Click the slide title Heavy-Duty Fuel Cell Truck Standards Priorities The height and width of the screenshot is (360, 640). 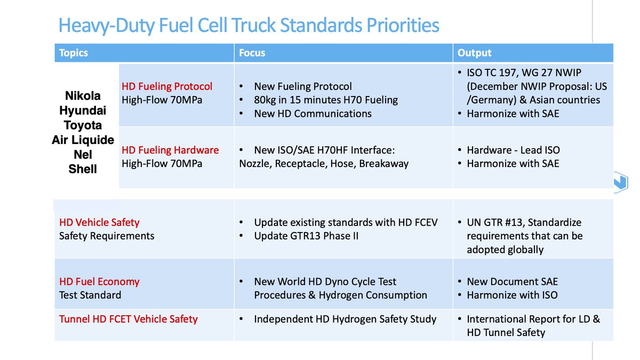coord(249,25)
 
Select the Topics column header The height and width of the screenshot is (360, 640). coord(74,53)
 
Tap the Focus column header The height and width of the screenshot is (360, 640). coord(252,53)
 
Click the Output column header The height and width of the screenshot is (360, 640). coord(474,53)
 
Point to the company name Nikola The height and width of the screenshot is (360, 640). coord(83,96)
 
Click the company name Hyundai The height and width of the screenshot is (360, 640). coord(83,111)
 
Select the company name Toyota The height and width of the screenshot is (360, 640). coord(83,125)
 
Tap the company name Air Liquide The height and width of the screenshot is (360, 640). coord(83,140)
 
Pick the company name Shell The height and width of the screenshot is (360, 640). coord(83,170)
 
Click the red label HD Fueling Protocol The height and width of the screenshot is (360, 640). coord(167,86)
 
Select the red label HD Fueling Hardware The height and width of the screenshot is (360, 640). coord(170,150)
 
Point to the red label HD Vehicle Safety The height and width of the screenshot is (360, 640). coord(99,222)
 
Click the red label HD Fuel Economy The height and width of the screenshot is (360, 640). coord(99,282)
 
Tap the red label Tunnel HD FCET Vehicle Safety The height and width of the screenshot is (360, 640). coord(129,319)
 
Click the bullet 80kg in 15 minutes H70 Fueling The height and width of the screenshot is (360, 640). coord(326,100)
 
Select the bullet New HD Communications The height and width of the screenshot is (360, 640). coord(313,114)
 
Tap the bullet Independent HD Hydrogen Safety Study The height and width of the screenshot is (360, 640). coord(345,319)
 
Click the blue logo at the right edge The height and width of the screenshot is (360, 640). coord(620,181)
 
